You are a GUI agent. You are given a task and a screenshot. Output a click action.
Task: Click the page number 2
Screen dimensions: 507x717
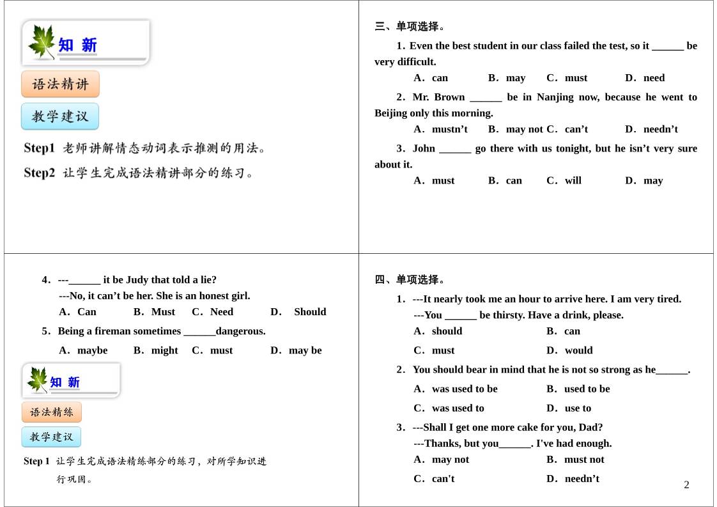pyautogui.click(x=686, y=485)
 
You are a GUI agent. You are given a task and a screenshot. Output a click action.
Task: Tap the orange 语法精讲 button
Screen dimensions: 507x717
pyautogui.click(x=60, y=84)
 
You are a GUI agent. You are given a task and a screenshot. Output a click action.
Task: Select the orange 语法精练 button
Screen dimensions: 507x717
pyautogui.click(x=52, y=412)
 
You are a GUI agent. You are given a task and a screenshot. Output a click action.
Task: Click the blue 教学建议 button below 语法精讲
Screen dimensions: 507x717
pyautogui.click(x=60, y=116)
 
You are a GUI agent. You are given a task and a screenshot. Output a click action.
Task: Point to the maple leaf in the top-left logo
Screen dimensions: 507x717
pyautogui.click(x=42, y=42)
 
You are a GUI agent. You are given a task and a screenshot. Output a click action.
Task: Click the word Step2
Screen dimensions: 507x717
pyautogui.click(x=40, y=173)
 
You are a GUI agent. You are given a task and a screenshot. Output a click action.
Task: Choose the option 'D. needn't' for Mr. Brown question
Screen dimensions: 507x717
pyautogui.click(x=651, y=129)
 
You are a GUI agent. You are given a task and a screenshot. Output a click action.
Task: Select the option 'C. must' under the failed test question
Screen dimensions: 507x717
pyautogui.click(x=567, y=78)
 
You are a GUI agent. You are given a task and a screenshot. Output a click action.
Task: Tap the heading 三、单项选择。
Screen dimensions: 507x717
pyautogui.click(x=410, y=26)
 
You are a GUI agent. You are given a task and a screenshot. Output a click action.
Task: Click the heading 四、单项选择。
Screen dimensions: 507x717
pyautogui.click(x=410, y=279)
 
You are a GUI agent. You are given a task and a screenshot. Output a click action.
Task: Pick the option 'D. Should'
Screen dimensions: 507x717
pyautogui.click(x=298, y=312)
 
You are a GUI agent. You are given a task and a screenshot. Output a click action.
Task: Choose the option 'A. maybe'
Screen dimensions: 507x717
pyautogui.click(x=84, y=350)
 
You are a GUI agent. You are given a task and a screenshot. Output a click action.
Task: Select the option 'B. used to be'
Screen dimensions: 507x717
pyautogui.click(x=578, y=389)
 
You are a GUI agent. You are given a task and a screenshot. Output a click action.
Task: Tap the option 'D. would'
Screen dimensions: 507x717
pyautogui.click(x=569, y=350)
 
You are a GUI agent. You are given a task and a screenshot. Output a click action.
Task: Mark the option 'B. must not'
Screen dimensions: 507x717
pyautogui.click(x=575, y=459)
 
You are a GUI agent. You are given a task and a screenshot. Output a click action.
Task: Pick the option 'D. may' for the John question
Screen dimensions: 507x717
pyautogui.click(x=644, y=180)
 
